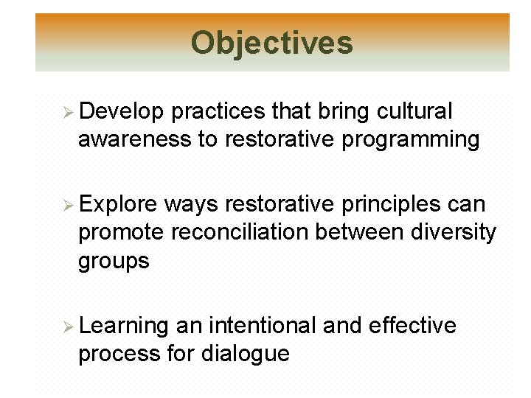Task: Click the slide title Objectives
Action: pos(271,43)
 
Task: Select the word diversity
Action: pos(452,233)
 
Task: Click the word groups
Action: pos(114,261)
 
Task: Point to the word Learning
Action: pos(124,326)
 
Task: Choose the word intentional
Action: pos(263,326)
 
